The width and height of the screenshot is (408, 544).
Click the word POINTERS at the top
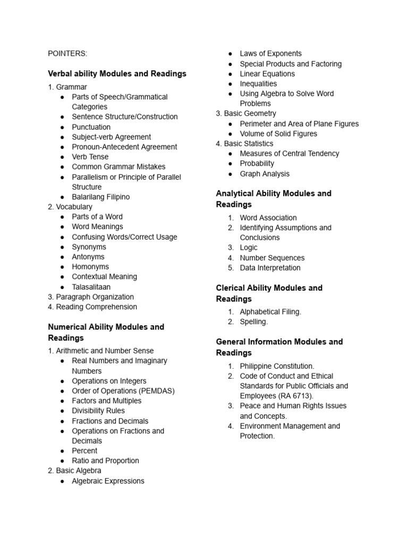(x=67, y=53)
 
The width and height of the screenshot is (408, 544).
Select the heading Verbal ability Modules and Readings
(x=117, y=73)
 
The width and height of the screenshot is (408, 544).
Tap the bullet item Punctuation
(x=91, y=127)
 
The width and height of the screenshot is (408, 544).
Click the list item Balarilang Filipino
(x=100, y=197)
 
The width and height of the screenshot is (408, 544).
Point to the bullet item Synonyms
(x=89, y=247)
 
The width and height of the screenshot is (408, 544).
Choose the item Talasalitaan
(x=91, y=287)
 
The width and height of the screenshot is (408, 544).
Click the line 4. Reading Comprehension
(x=92, y=307)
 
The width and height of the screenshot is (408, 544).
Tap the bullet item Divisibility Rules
(x=98, y=411)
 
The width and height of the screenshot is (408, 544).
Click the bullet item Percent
(x=84, y=450)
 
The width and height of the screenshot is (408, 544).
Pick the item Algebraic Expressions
(x=108, y=481)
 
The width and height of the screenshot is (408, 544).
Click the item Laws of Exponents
(x=270, y=54)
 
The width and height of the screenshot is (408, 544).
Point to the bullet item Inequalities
(x=258, y=83)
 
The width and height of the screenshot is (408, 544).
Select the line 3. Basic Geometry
(x=246, y=114)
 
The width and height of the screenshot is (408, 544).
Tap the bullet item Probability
(x=257, y=164)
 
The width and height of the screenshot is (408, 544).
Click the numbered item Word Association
(x=268, y=218)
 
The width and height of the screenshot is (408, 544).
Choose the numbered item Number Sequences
(x=272, y=258)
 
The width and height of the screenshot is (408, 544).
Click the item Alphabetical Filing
(x=270, y=312)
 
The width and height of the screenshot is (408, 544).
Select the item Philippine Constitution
(x=277, y=366)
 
